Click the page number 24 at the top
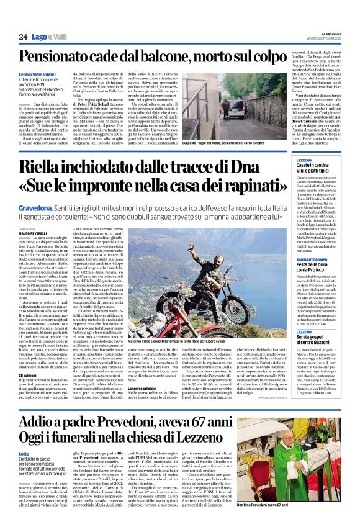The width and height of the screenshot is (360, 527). (x=23, y=37)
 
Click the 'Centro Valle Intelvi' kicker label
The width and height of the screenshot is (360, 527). (x=37, y=75)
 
